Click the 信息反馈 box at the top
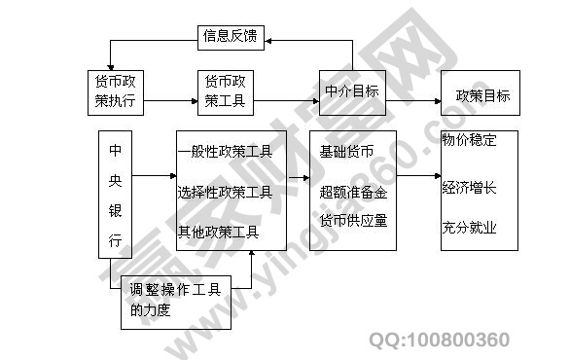[x=231, y=39]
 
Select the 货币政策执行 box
[x=116, y=90]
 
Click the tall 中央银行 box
[x=115, y=195]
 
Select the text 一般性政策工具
[x=225, y=152]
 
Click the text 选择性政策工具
[x=225, y=192]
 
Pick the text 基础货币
[x=346, y=152]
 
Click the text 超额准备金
[x=353, y=193]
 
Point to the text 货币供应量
[x=353, y=220]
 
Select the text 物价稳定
[x=469, y=140]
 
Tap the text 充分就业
[x=469, y=229]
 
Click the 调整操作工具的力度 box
[x=174, y=299]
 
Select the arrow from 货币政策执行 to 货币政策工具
[x=171, y=90]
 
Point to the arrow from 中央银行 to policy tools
[x=153, y=176]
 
